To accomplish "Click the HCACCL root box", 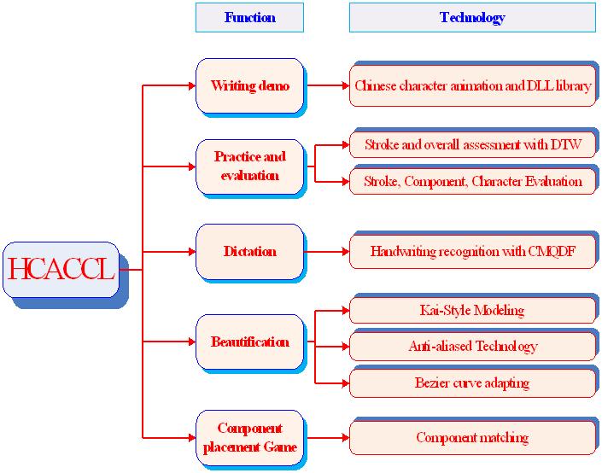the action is pos(61,270).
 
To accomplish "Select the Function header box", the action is pos(249,17).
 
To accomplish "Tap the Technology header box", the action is pos(472,17).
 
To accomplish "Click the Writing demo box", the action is pos(249,85).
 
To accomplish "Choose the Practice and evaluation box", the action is pos(249,166).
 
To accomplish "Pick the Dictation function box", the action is pos(249,252).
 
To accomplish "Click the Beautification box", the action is pos(249,342).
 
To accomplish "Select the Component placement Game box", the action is pos(249,438).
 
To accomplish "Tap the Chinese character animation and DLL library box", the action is pos(472,85).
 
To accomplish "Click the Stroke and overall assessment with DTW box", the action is pos(472,145).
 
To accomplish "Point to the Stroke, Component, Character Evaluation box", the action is pos(472,181).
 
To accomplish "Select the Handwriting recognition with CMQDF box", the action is pos(472,252).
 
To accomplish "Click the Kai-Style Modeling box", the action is pos(472,310).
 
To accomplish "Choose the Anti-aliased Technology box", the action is pos(472,347).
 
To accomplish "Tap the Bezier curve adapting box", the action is pos(472,383).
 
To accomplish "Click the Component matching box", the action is pos(472,438).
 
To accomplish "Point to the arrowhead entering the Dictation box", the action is pos(192,252).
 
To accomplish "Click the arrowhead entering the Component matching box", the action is pos(346,438).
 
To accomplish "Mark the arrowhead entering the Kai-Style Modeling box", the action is pos(346,310).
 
